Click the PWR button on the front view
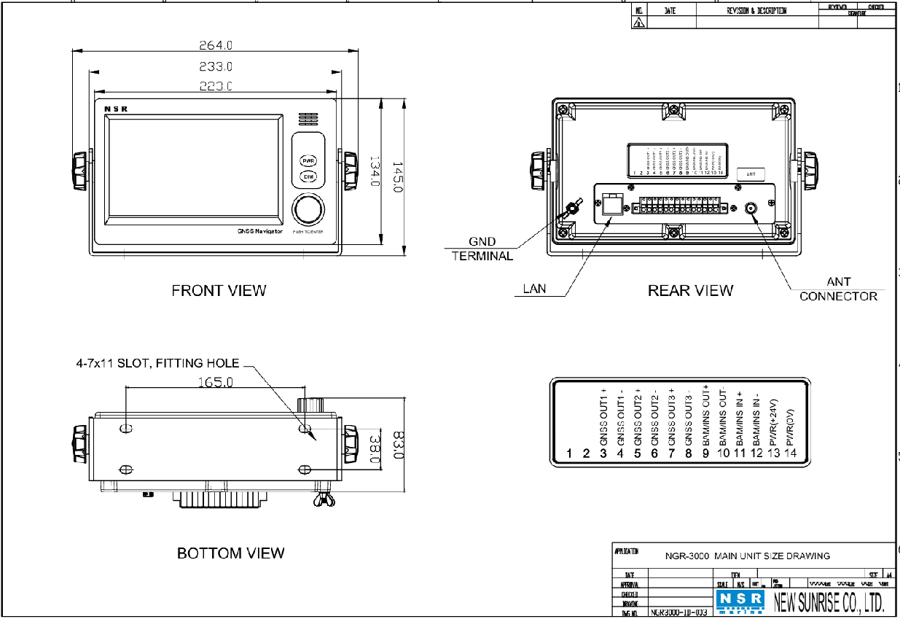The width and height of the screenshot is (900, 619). pos(308,160)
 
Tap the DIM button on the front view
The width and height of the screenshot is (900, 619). pos(308,177)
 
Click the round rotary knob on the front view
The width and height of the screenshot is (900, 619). pos(308,210)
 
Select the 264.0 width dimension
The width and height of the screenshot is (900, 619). pos(216,45)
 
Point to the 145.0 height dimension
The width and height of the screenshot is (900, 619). pos(397,177)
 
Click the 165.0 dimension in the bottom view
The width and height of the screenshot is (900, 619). pos(216,381)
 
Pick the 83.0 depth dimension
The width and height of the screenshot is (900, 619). pos(397,445)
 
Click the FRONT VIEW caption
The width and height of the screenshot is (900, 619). pos(219,290)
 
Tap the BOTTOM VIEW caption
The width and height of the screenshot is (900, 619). pos(230,553)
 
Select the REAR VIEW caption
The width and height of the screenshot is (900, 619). pos(690,290)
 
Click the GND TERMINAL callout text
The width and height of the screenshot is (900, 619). pos(482,249)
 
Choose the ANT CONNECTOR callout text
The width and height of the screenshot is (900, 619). pos(838,289)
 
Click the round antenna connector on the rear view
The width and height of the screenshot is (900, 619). pos(752,209)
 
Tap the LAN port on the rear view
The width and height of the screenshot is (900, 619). pos(611,205)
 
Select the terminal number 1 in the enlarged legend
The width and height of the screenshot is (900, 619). pos(570,453)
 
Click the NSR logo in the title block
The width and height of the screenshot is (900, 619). pos(740,600)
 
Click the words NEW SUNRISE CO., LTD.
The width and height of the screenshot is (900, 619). pos(829,602)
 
